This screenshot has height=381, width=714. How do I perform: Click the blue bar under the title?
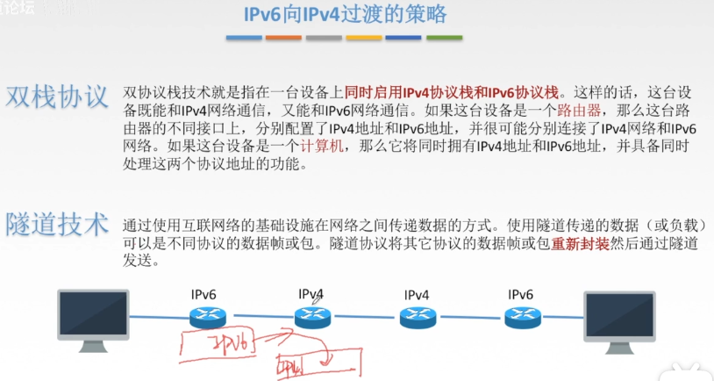[244, 38]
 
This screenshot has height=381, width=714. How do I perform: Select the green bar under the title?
[444, 38]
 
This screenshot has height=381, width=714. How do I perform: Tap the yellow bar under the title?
[364, 38]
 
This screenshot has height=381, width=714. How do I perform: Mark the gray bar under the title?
[324, 38]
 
